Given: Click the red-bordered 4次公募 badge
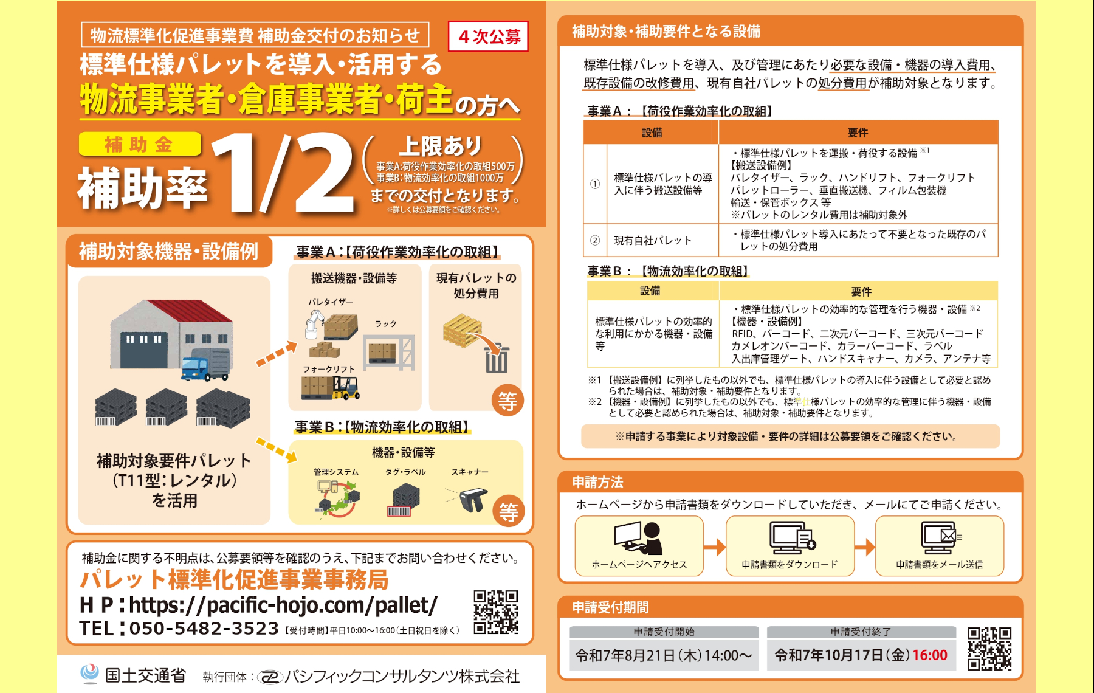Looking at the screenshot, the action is click(488, 36).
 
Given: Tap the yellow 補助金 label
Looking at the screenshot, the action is click(139, 144).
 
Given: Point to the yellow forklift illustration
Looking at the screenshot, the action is click(346, 387).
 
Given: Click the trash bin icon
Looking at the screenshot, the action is click(496, 359).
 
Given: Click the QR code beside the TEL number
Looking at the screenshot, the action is click(496, 612).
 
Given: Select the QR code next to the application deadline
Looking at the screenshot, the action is click(989, 649).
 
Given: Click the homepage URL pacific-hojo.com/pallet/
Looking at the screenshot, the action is click(283, 605).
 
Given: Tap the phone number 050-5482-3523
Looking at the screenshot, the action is click(204, 629).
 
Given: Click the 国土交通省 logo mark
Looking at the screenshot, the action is click(89, 674).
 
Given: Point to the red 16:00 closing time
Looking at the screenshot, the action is click(929, 655).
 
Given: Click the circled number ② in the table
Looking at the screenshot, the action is click(595, 241).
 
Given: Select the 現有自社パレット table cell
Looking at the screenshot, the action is click(653, 241).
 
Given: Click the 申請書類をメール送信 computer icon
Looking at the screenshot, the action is click(939, 537).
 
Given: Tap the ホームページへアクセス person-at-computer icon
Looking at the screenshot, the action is click(638, 537).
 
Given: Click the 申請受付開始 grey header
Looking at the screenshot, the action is click(664, 632).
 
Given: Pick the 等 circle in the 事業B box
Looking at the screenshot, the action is click(509, 511).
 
